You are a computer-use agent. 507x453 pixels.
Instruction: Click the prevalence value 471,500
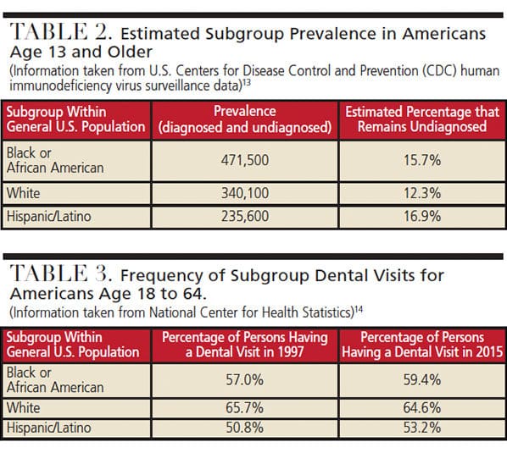point(245,161)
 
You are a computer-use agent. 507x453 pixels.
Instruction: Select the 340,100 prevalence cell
point(245,193)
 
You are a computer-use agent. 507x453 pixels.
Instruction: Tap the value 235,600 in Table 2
point(245,216)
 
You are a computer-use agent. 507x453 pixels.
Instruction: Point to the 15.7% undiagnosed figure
point(422,161)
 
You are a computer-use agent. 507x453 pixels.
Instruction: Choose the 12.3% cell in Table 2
point(422,193)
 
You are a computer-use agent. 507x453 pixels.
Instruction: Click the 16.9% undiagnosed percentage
point(422,216)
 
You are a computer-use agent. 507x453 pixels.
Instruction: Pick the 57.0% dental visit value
point(244,379)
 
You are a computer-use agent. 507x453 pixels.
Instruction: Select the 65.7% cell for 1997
point(244,407)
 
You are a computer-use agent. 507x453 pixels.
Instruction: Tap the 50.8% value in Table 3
point(244,428)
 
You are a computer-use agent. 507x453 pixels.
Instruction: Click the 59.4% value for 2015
point(422,379)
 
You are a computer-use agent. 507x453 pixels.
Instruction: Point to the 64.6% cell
point(422,407)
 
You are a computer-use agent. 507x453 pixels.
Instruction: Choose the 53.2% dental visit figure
point(422,428)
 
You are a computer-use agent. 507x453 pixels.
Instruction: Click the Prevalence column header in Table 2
point(245,119)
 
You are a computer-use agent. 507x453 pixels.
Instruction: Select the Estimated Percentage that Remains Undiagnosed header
point(422,119)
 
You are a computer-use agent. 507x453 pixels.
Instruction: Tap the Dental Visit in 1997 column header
point(245,345)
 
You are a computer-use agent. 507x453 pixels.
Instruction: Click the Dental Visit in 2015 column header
point(422,345)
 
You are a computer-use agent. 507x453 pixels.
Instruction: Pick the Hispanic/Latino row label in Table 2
point(49,216)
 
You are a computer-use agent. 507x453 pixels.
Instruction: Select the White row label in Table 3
point(23,407)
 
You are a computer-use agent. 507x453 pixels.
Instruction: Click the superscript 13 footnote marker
point(247,83)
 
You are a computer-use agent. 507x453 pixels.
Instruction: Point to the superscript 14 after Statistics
point(359,310)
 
